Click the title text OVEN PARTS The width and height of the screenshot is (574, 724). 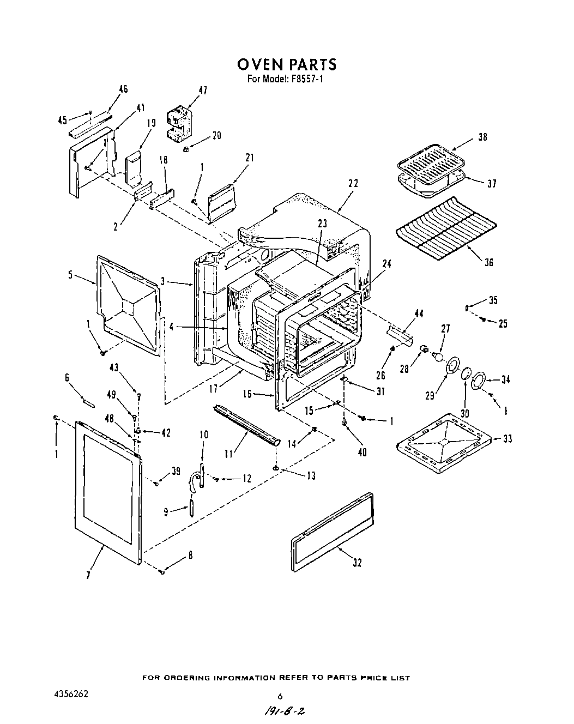coord(287,65)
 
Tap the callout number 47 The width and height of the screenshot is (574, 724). coord(202,91)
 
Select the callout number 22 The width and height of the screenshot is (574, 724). coord(353,184)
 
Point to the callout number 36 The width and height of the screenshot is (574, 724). coord(488,262)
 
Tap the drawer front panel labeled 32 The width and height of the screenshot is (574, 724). coord(333,532)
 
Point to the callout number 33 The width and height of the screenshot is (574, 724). coord(507,439)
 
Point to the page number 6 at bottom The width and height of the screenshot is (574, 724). coord(280,696)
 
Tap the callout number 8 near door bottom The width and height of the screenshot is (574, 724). coord(190,556)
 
